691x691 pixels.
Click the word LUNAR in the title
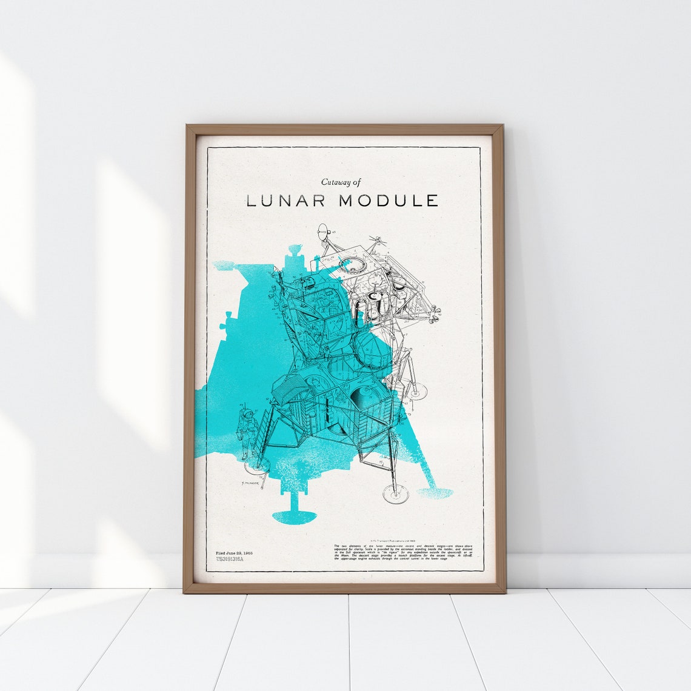tap(286, 201)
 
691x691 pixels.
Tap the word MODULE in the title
tap(389, 201)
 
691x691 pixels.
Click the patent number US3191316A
tap(230, 560)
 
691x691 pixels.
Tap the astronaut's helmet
tap(247, 414)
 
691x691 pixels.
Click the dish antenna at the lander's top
tap(325, 231)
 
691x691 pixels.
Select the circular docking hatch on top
tap(350, 264)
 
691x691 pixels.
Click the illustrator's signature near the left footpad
tap(250, 482)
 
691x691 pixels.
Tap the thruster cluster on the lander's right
tap(433, 312)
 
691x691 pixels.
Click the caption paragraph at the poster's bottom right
tap(403, 552)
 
